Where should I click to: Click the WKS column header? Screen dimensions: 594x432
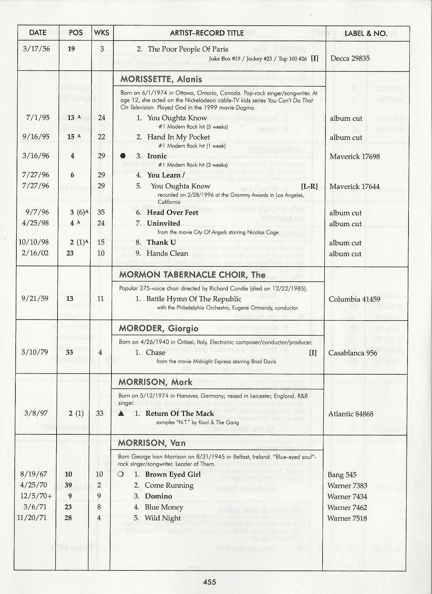point(102,33)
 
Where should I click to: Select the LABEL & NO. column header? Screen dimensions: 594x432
point(366,33)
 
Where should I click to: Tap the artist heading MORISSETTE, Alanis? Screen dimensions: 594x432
point(161,79)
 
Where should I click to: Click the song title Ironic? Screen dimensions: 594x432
point(157,156)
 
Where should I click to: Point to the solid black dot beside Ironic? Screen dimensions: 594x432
point(123,156)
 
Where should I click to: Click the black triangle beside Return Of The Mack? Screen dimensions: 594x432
point(121,413)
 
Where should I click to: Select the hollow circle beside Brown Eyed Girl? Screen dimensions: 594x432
point(120,474)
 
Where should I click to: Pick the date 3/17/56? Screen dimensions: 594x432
point(37,49)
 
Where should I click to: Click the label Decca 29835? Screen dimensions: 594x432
point(350,58)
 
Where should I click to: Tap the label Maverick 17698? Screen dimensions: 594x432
point(355,156)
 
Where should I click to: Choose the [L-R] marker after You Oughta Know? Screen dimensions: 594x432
point(309,186)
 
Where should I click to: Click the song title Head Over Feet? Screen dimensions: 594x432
point(173,213)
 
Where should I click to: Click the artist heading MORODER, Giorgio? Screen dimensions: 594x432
point(158,328)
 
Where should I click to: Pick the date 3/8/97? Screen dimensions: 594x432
point(36,413)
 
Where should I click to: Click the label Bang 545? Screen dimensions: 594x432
point(342,475)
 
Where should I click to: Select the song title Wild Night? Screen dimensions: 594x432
point(162,518)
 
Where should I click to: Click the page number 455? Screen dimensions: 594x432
point(209,582)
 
